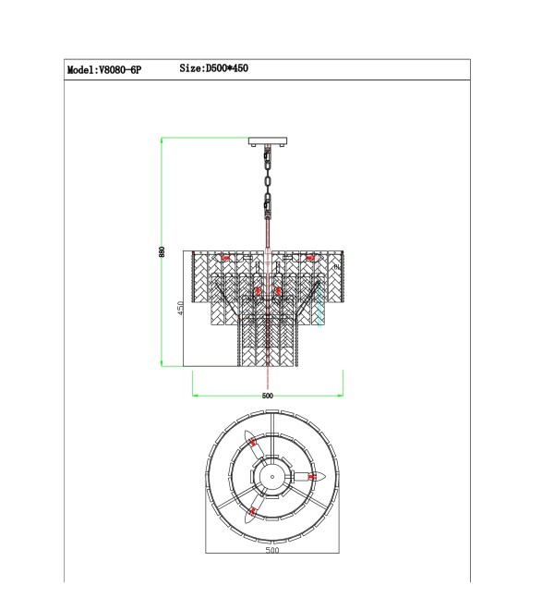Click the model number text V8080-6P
point(121,70)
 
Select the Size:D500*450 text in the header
point(214,68)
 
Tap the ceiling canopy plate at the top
point(268,140)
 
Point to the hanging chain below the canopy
point(268,181)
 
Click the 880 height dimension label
point(162,251)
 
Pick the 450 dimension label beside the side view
point(180,308)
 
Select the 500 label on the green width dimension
point(268,396)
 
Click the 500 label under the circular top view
point(272,550)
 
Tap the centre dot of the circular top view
point(272,477)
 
